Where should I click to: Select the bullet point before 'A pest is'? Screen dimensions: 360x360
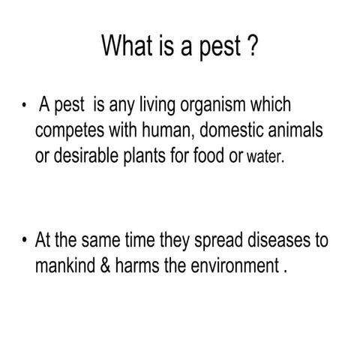(x=25, y=107)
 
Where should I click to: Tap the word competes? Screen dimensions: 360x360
(x=70, y=133)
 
